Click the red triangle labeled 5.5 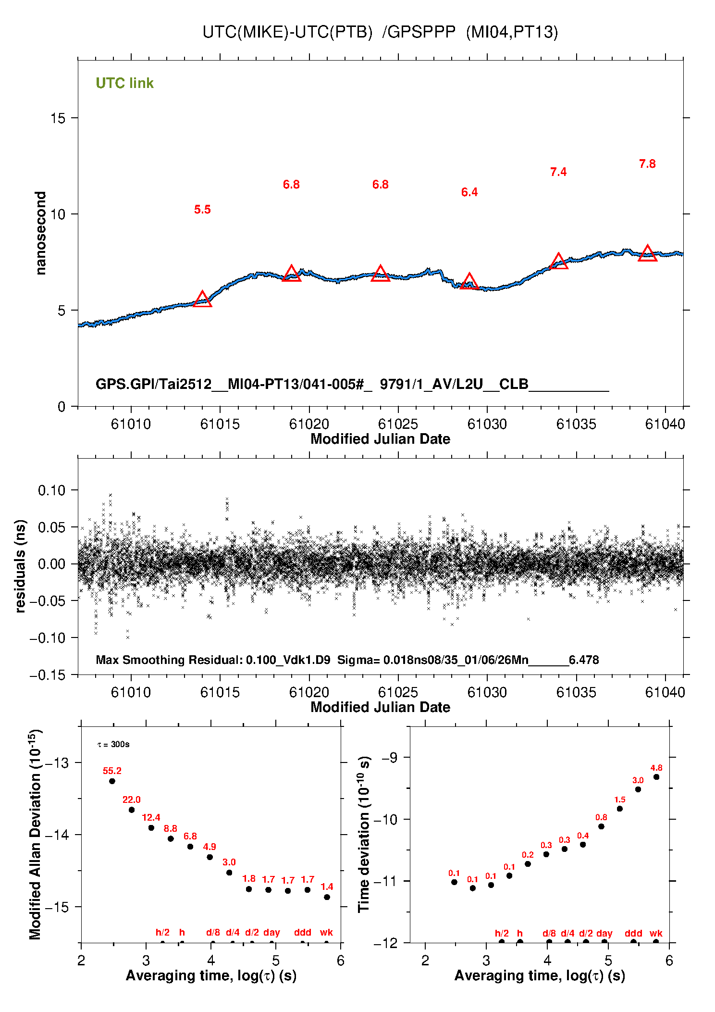click(202, 300)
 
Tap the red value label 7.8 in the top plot click(647, 164)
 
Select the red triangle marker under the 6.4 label click(469, 282)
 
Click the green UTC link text click(124, 83)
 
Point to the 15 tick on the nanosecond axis click(58, 118)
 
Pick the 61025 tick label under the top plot click(398, 424)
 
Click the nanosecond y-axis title click(41, 233)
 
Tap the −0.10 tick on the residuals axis click(47, 638)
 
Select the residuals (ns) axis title click(20, 566)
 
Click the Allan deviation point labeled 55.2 click(112, 781)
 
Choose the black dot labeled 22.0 click(132, 810)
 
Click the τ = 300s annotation click(113, 745)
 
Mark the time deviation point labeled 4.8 click(656, 777)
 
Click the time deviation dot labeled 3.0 click(638, 789)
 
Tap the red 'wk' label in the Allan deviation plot click(326, 932)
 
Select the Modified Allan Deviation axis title click(35, 834)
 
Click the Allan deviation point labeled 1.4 click(327, 897)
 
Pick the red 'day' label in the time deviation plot click(604, 933)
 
